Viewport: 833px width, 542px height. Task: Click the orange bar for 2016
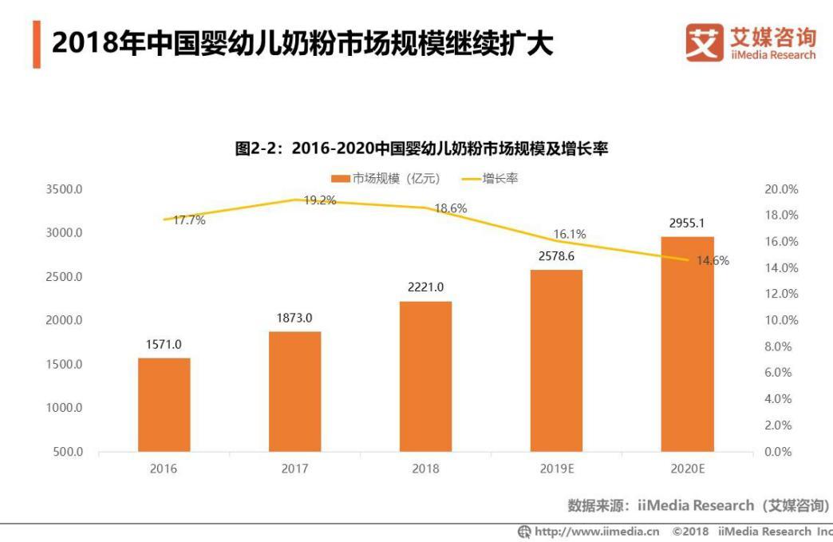[x=164, y=405]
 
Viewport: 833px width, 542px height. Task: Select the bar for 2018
[x=425, y=376]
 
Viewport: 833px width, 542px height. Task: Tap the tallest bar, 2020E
[x=687, y=344]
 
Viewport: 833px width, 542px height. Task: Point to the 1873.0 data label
[x=294, y=318]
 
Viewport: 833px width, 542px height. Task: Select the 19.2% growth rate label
[x=319, y=200]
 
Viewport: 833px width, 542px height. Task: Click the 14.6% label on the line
[x=713, y=260]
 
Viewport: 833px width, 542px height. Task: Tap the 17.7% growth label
[x=189, y=220]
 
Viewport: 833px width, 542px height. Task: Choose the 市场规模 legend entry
[x=387, y=178]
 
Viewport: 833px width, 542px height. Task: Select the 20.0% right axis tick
[x=781, y=190]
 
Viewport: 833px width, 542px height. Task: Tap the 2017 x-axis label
[x=294, y=469]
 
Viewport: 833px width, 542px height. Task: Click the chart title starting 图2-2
[x=421, y=148]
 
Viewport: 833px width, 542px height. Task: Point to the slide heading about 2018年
[x=302, y=44]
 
